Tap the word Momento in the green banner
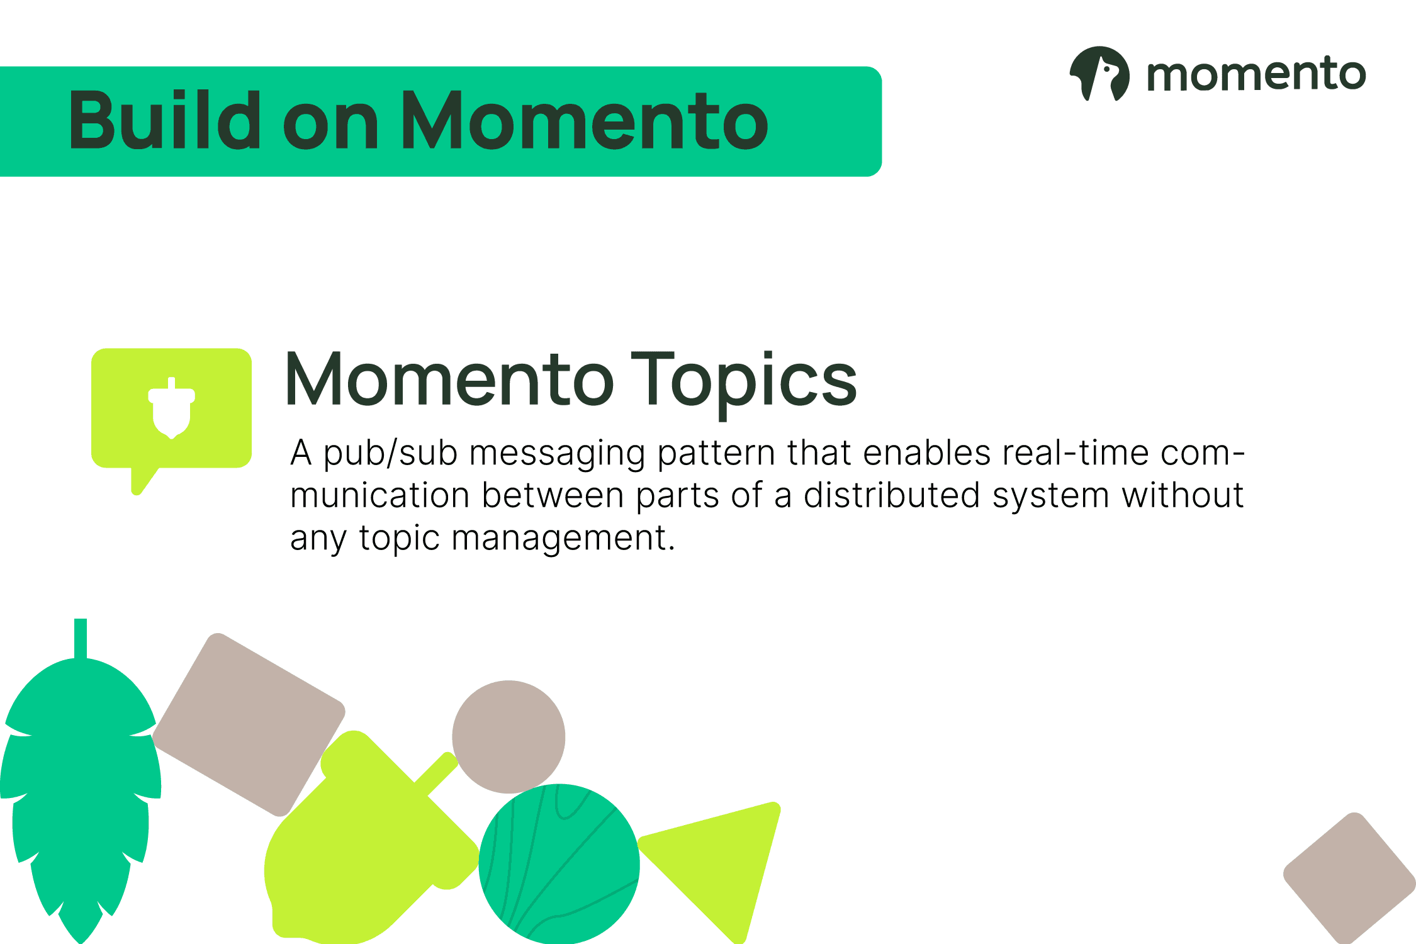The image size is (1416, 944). (584, 120)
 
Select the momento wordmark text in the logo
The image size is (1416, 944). (1256, 74)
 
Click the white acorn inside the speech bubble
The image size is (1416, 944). (172, 408)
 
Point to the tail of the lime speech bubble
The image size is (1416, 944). (142, 481)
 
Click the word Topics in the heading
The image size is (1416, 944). (744, 382)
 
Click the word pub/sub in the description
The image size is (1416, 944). (390, 454)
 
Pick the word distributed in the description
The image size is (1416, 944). (892, 495)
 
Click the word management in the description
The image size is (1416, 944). (563, 539)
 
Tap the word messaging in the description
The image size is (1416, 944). (558, 454)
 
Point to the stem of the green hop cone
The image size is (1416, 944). (81, 639)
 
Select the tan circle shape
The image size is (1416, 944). (509, 736)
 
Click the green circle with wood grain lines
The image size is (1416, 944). (559, 864)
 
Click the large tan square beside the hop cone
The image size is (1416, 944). (249, 724)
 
